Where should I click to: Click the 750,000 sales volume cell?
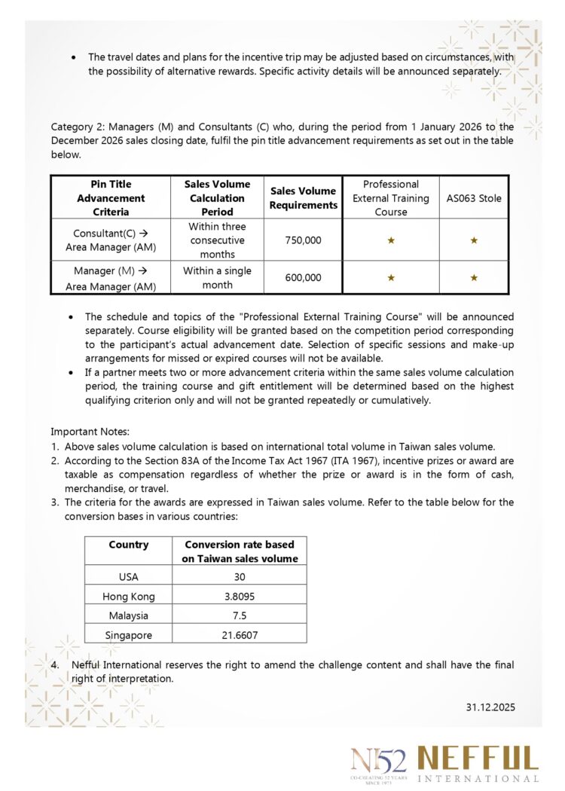303,240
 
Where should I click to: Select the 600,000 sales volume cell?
303,277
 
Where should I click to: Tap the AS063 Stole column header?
474,198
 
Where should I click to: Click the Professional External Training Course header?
390,198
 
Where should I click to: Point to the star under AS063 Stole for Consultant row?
474,240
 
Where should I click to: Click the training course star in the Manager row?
390,277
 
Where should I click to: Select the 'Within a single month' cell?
217,277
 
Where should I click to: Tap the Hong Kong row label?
129,596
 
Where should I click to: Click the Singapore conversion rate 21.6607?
240,635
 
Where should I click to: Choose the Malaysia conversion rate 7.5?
240,615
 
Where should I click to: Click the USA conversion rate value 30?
240,577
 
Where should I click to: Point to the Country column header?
129,545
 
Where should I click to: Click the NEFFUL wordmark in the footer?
478,759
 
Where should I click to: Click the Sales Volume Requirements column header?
303,198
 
